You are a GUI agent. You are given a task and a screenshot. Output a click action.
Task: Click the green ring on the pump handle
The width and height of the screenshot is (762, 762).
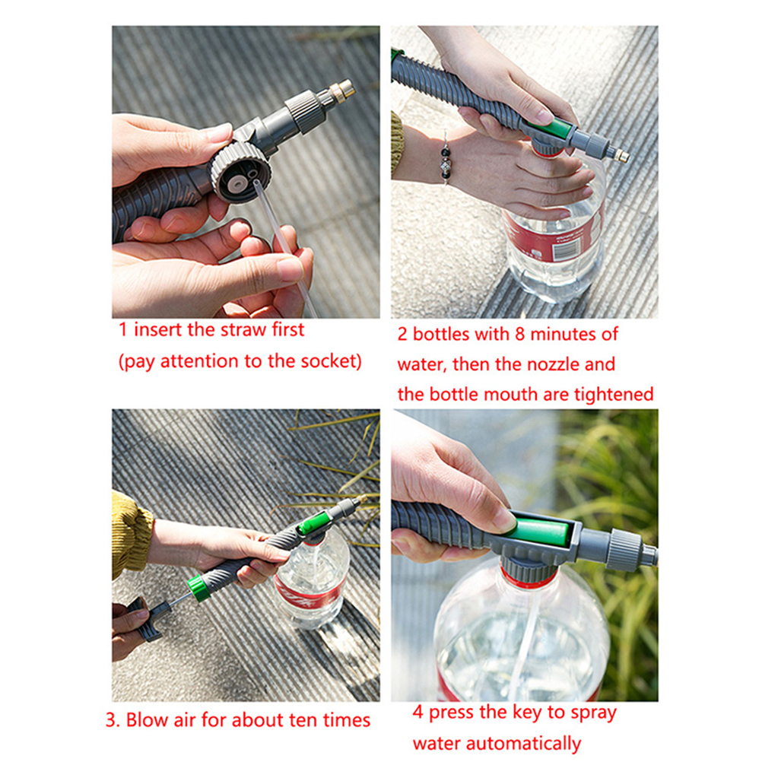coord(198,588)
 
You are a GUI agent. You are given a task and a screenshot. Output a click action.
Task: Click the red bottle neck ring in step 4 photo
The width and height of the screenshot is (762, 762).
coord(529,578)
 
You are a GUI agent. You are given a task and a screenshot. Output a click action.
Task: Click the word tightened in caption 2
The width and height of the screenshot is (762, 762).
coord(613,395)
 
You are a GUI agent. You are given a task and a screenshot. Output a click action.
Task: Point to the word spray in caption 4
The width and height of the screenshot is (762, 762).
coord(593,713)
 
